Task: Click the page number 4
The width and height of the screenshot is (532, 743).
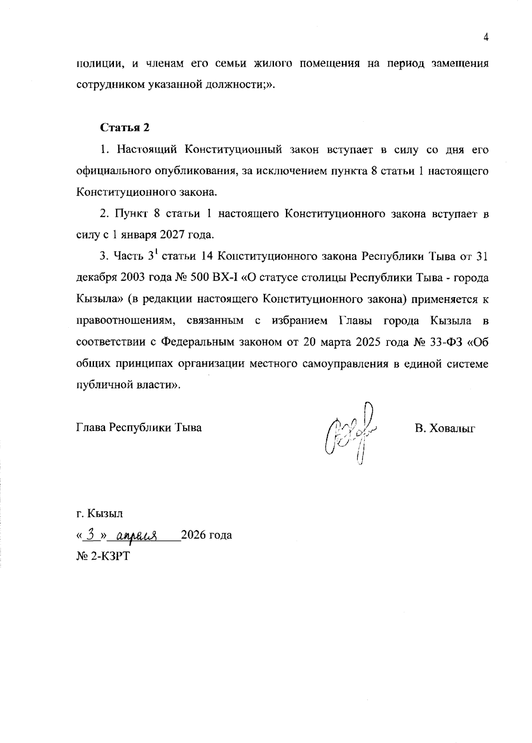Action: (486, 38)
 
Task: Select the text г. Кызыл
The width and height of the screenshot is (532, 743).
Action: (100, 514)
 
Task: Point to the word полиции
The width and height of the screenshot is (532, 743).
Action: (100, 63)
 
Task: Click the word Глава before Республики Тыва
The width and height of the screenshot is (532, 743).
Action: (92, 428)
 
